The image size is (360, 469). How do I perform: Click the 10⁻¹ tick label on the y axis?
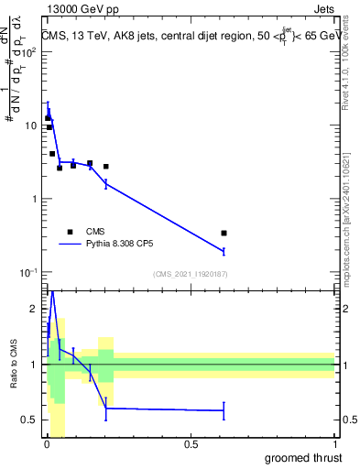[27, 273]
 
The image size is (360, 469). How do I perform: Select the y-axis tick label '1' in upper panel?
[33, 199]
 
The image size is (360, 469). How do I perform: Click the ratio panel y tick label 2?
[33, 309]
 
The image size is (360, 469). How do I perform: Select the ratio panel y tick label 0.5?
[29, 420]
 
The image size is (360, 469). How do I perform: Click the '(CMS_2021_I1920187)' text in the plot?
[191, 273]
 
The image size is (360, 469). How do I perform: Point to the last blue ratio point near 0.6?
[224, 410]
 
